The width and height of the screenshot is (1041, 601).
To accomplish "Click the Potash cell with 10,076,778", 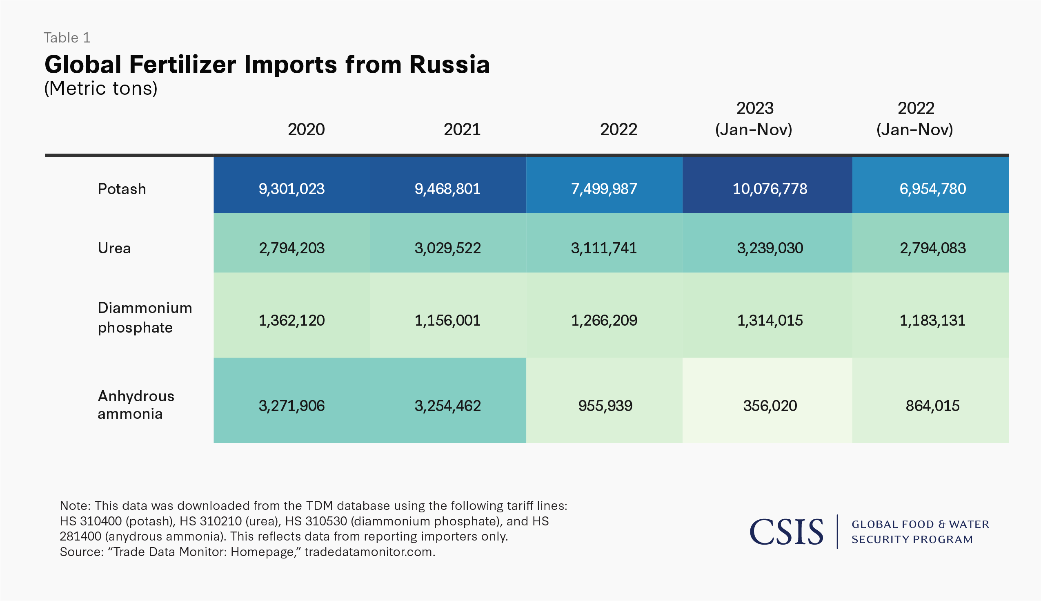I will tap(770, 189).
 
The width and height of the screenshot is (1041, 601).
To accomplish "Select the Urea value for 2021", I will tap(447, 248).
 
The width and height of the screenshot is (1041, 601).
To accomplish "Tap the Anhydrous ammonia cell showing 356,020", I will tap(770, 406).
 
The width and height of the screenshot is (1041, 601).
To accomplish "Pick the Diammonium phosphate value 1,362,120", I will tap(291, 320).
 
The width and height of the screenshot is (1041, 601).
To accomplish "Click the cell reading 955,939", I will tap(605, 406).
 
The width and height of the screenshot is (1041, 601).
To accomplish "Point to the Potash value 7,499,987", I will tap(604, 189).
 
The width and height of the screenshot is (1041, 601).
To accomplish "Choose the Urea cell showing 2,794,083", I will tap(932, 248).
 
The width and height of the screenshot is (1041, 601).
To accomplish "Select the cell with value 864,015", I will tap(932, 406).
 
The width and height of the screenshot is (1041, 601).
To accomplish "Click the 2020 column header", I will tap(306, 130).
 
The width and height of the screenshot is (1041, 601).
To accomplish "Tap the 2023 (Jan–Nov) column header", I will tap(754, 119).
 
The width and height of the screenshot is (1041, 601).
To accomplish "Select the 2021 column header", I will tap(462, 130).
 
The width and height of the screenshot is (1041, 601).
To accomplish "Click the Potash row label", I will tap(122, 189).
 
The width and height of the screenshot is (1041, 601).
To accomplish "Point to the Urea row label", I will tap(114, 248).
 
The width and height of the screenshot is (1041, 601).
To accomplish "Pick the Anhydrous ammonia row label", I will tap(136, 404).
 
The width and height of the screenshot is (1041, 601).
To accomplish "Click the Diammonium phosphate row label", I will tap(145, 317).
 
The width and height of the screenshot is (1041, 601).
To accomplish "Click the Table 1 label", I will tap(67, 38).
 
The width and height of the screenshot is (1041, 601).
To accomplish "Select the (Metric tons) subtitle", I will tap(101, 88).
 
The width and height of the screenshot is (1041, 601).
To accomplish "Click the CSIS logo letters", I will tap(786, 532).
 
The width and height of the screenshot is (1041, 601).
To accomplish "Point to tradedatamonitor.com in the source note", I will tap(369, 552).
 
